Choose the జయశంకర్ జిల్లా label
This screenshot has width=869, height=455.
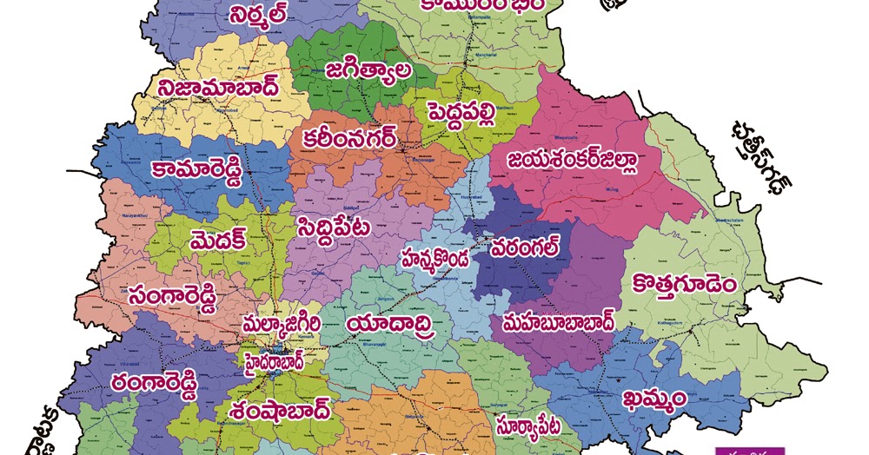(x=574, y=160)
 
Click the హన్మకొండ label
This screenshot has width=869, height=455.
(x=434, y=258)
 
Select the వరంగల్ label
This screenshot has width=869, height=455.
(x=524, y=248)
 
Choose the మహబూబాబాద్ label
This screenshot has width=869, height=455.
(x=558, y=322)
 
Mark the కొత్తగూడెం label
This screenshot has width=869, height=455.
(x=686, y=284)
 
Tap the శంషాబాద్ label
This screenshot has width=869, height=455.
(x=281, y=408)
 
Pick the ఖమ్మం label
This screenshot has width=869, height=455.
(x=655, y=398)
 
